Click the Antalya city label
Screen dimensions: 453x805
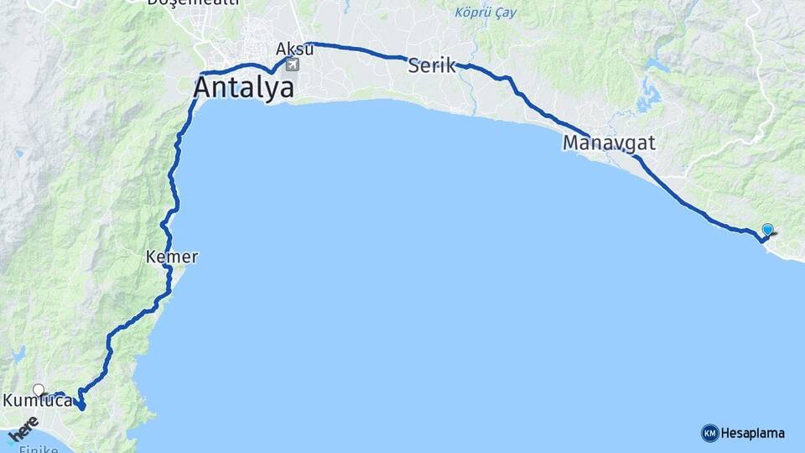[x=244, y=87]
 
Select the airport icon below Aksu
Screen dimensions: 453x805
[x=292, y=65]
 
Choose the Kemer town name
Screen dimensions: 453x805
[x=171, y=257]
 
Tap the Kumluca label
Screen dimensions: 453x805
[x=37, y=402]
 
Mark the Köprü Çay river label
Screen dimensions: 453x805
[x=486, y=13]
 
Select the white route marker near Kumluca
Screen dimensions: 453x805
[x=39, y=389]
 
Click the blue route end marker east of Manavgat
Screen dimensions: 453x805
[x=767, y=229]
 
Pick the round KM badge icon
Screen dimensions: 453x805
[x=709, y=434]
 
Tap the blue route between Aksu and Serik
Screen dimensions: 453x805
[x=361, y=50]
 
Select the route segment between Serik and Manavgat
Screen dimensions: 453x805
[x=537, y=107]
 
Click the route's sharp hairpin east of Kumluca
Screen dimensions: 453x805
[x=81, y=407]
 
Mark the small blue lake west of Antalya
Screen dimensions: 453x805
[x=18, y=154]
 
